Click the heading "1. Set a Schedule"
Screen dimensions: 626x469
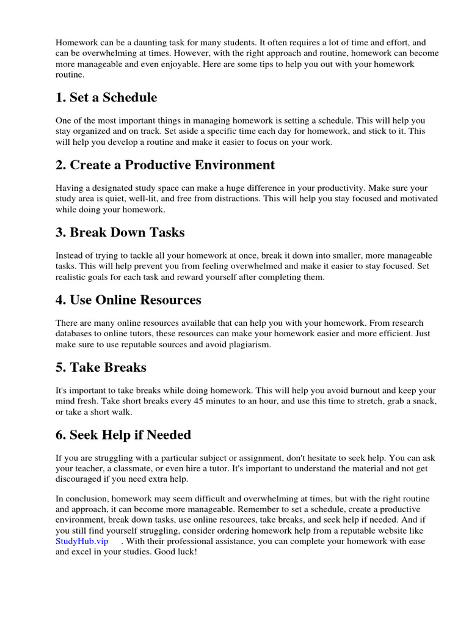[106, 98]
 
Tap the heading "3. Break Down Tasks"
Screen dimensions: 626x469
[120, 233]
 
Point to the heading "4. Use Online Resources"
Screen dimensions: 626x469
[128, 300]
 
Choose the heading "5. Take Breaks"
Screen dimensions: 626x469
[101, 367]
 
